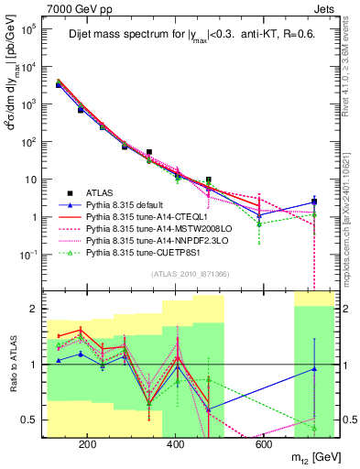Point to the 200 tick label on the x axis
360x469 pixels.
tap(87, 444)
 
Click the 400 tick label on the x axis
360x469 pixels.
tap(175, 444)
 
